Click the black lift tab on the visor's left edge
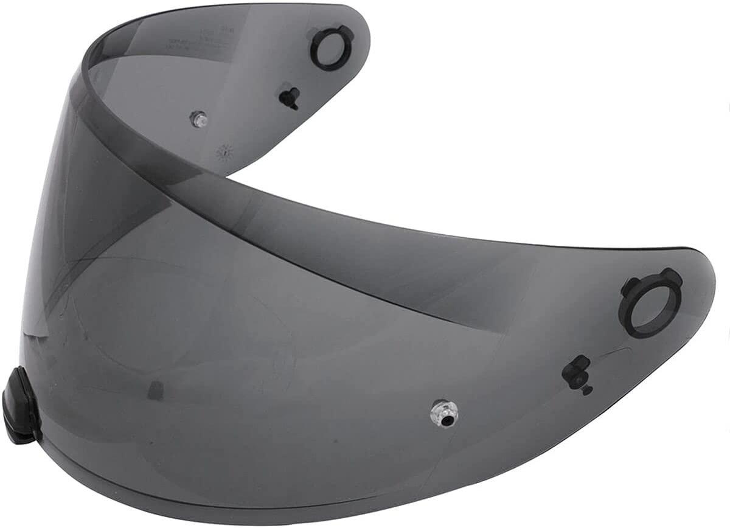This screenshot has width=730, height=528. [20, 405]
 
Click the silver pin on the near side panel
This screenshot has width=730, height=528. [444, 413]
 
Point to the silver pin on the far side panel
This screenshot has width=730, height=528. [198, 119]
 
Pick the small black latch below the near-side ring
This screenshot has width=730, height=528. [576, 372]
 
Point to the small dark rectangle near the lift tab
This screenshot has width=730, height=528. [156, 391]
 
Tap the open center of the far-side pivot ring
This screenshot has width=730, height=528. [332, 48]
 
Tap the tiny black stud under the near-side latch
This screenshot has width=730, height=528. [586, 390]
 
